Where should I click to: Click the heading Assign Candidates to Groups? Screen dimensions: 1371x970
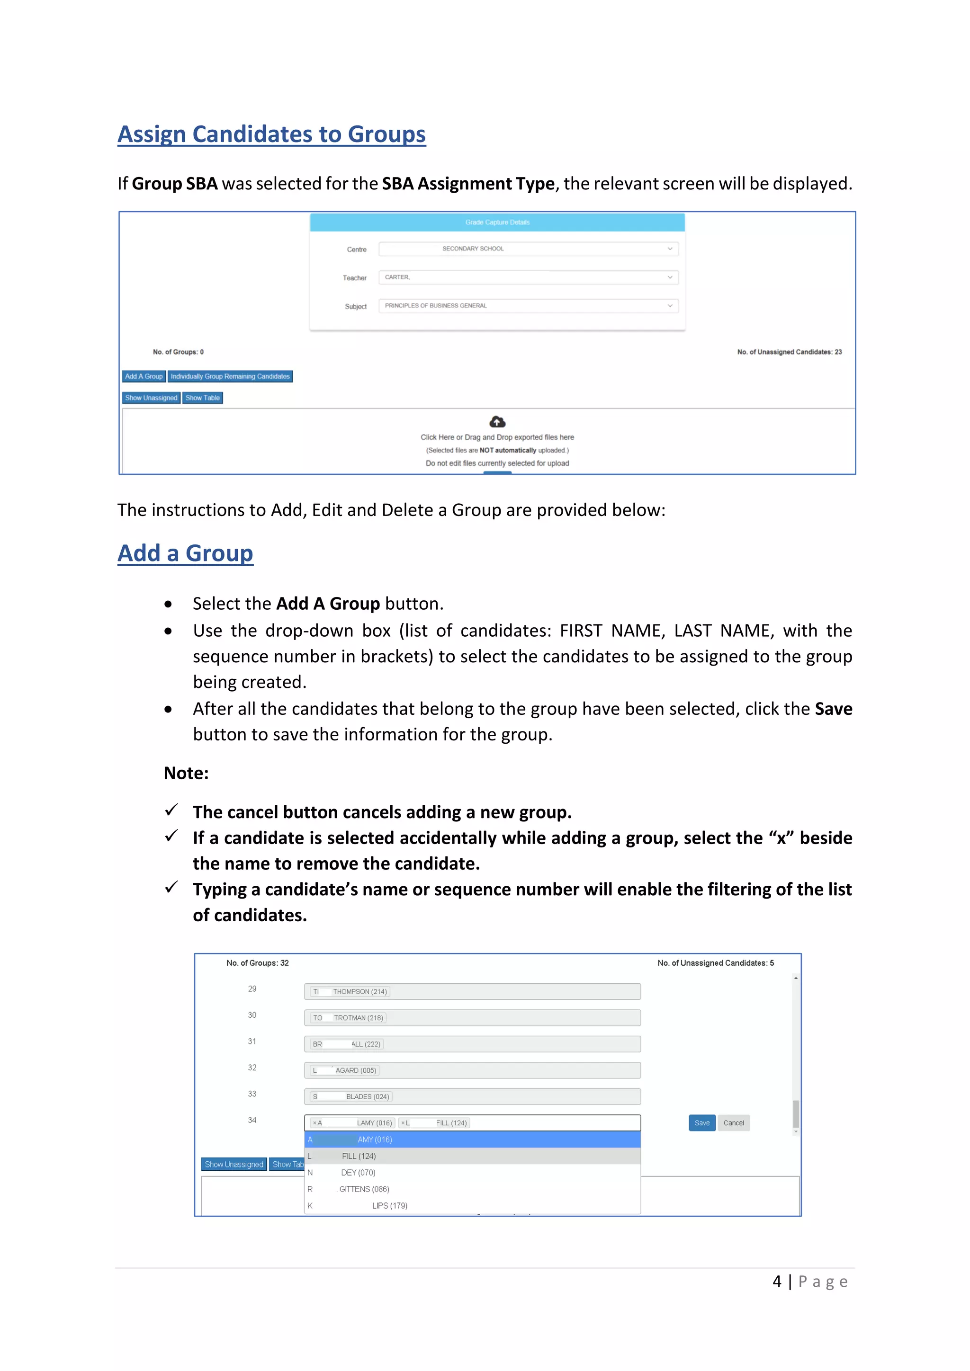[x=271, y=134]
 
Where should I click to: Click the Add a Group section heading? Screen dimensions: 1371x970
[x=185, y=553]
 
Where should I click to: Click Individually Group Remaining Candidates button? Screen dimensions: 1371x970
[x=230, y=376]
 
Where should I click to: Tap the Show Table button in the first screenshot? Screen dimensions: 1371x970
[x=203, y=398]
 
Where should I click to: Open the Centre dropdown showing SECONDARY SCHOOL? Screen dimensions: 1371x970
[x=528, y=249]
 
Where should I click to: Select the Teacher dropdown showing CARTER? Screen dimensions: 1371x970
[x=528, y=278]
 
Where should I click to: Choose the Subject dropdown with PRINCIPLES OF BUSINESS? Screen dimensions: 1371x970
[x=528, y=306]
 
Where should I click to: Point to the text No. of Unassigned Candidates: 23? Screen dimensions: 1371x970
[x=789, y=352]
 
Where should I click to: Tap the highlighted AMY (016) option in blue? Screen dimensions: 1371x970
[x=375, y=1140]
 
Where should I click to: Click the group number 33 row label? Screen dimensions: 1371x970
[x=252, y=1094]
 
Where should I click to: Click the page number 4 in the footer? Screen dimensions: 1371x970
[x=776, y=1282]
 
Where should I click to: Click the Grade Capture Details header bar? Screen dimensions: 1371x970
[x=497, y=223]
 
